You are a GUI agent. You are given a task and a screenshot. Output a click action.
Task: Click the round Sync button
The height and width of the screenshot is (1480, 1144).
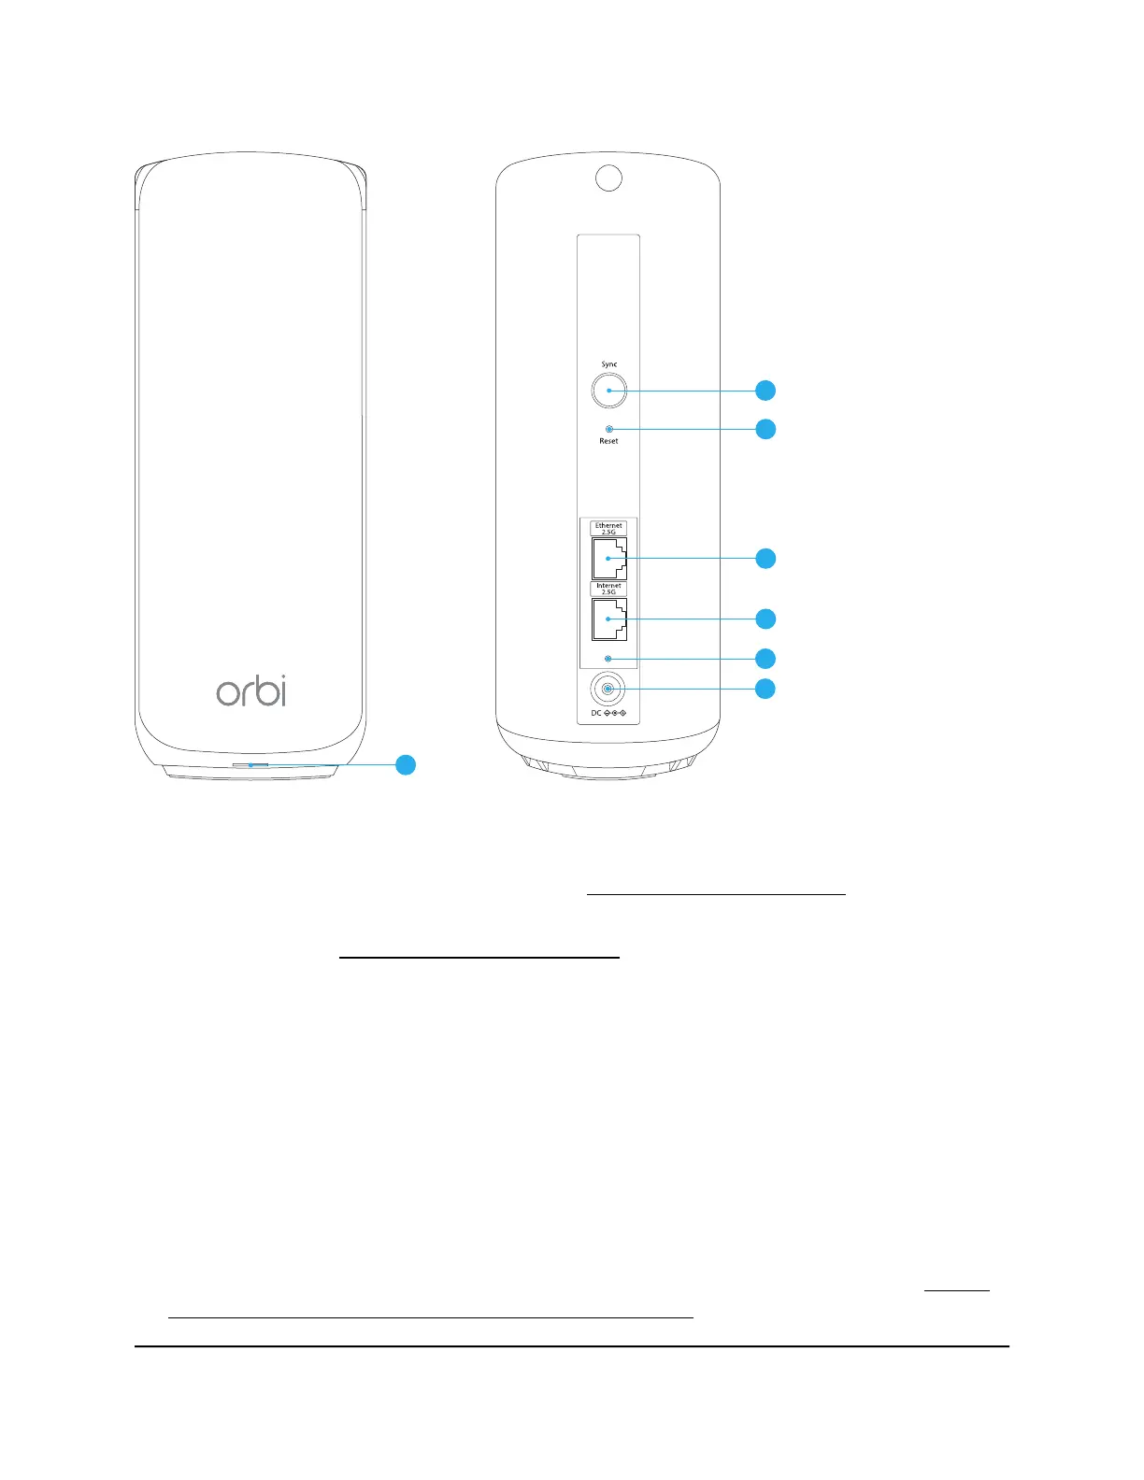pyautogui.click(x=608, y=391)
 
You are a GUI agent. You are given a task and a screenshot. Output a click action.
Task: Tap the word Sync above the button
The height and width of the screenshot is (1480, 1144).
pyautogui.click(x=608, y=364)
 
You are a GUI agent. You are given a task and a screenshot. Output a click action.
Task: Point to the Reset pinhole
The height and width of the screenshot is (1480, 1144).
pyautogui.click(x=609, y=429)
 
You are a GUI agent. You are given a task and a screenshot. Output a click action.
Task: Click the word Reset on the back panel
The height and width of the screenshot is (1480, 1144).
pyautogui.click(x=608, y=441)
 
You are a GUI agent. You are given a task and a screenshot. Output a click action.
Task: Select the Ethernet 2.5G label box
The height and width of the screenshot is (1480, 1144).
pyautogui.click(x=608, y=528)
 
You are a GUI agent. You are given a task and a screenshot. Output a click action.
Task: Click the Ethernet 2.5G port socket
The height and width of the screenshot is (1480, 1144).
pyautogui.click(x=608, y=559)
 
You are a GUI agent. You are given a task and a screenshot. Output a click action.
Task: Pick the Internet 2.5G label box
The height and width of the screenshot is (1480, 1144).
pyautogui.click(x=608, y=589)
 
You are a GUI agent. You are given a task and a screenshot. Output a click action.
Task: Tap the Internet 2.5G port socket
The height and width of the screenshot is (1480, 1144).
pyautogui.click(x=608, y=619)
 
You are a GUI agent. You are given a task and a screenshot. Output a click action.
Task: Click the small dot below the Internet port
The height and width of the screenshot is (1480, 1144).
pyautogui.click(x=608, y=659)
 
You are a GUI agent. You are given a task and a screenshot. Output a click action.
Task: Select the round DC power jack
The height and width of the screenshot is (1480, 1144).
pyautogui.click(x=608, y=690)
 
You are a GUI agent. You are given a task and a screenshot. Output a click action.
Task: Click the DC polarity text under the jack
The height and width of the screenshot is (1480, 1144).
pyautogui.click(x=608, y=714)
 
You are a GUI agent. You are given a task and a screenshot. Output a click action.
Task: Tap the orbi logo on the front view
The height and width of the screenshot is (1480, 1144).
pyautogui.click(x=251, y=690)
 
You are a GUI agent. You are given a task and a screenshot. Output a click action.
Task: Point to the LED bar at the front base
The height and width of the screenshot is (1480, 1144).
pyautogui.click(x=250, y=764)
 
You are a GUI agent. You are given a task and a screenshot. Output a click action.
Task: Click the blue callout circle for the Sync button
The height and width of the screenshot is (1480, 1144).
pyautogui.click(x=765, y=391)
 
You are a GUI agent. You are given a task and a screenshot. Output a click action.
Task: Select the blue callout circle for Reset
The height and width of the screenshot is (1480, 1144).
pyautogui.click(x=765, y=430)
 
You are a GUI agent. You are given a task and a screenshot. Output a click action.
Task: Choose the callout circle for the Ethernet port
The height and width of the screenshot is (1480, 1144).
pyautogui.click(x=765, y=559)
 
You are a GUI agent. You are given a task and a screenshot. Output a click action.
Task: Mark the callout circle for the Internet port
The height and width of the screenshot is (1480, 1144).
pyautogui.click(x=765, y=619)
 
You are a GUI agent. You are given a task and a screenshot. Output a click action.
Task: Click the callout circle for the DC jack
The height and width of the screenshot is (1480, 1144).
pyautogui.click(x=765, y=690)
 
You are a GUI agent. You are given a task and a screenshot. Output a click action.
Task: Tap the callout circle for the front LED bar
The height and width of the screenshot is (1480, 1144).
pyautogui.click(x=405, y=764)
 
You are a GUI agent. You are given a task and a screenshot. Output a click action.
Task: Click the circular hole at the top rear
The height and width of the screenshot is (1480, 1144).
pyautogui.click(x=608, y=178)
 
